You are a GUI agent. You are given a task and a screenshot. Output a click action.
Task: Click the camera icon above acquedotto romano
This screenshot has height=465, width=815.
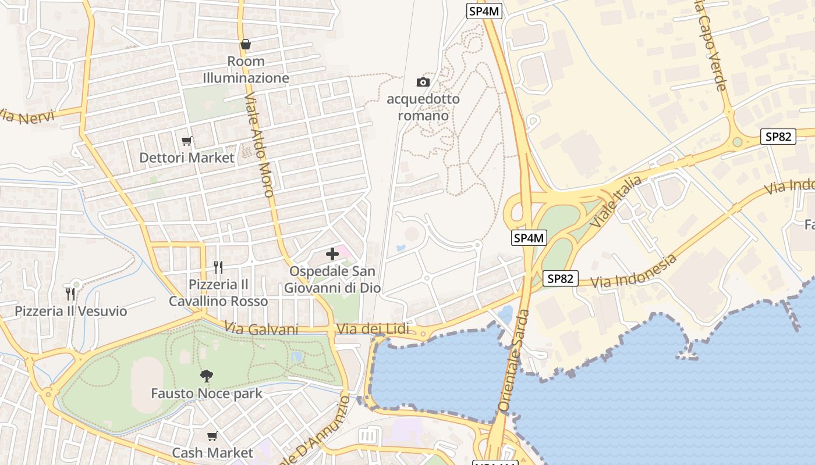click(x=423, y=82)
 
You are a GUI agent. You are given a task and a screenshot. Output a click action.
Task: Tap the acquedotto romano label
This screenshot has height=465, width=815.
click(x=423, y=107)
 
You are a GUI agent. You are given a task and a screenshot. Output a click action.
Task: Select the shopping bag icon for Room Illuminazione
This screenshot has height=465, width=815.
click(x=246, y=44)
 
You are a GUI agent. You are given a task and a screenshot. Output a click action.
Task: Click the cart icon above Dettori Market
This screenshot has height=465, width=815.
click(x=187, y=141)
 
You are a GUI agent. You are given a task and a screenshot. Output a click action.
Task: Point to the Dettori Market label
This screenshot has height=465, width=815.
click(x=187, y=158)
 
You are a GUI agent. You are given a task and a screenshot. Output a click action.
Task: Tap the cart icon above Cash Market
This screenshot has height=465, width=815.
click(x=212, y=436)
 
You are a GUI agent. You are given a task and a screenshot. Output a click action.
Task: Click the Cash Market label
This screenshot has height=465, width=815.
click(x=212, y=453)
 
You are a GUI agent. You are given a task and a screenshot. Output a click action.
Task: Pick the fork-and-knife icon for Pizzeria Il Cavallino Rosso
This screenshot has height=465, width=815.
click(x=218, y=267)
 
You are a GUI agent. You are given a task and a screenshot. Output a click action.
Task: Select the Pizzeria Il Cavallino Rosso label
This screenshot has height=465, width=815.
click(x=218, y=292)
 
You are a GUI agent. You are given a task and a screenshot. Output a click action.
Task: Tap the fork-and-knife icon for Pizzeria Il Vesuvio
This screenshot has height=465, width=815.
click(x=70, y=294)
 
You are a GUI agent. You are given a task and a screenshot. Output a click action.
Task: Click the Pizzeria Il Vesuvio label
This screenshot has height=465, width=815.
click(x=70, y=311)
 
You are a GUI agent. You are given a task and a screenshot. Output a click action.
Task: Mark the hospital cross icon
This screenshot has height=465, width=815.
click(x=332, y=254)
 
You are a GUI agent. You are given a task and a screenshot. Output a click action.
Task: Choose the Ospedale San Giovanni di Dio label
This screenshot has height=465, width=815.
click(x=332, y=280)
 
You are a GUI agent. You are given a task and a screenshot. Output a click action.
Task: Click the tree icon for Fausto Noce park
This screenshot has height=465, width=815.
click(x=206, y=376)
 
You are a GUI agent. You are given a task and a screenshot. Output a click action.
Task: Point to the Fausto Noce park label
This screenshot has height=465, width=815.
click(x=207, y=394)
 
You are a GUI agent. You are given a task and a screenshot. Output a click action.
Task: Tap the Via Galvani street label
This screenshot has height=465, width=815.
click(x=261, y=330)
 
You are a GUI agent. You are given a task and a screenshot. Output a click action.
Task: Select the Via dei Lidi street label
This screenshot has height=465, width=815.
click(x=373, y=330)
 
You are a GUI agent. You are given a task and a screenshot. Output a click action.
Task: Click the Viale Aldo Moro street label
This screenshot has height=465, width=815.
click(x=259, y=145)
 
